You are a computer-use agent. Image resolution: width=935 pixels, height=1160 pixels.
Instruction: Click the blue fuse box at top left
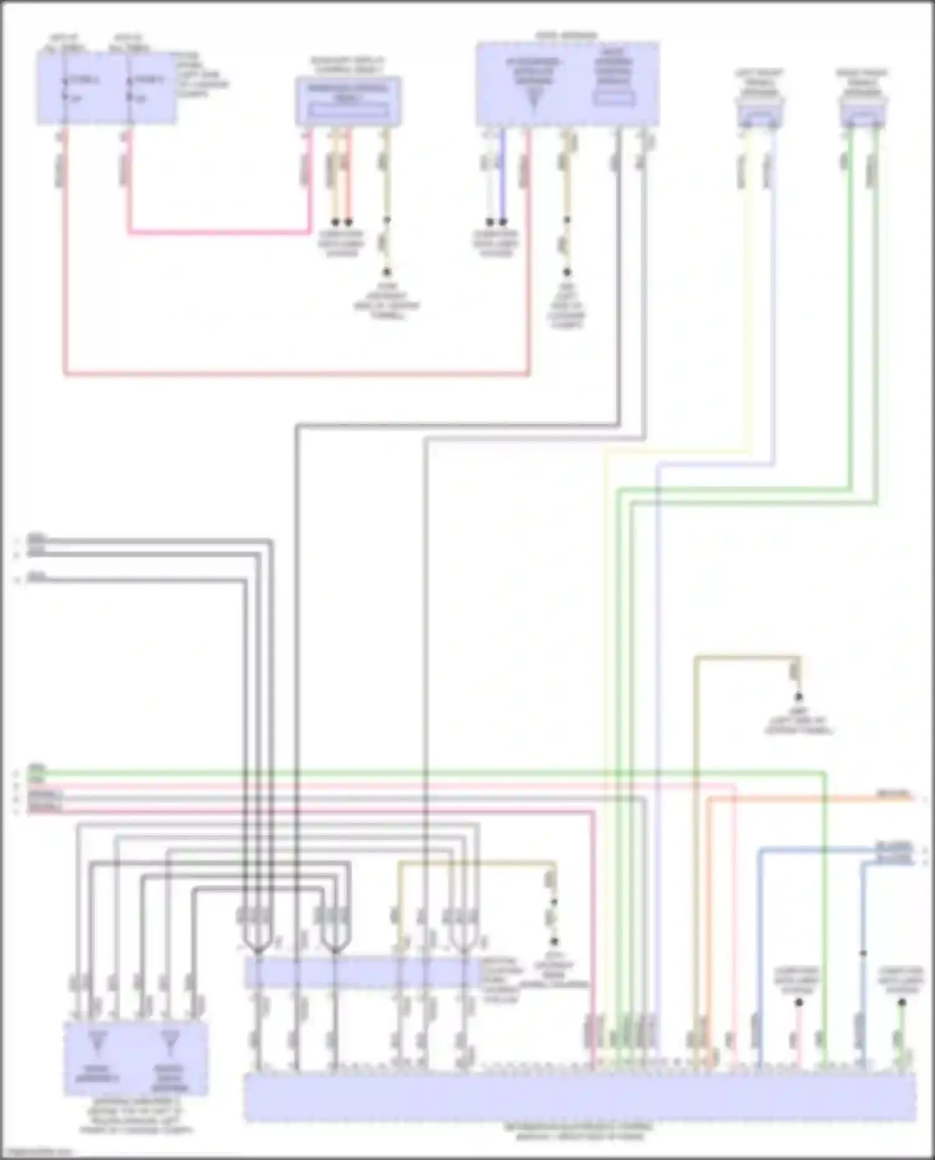pyautogui.click(x=106, y=87)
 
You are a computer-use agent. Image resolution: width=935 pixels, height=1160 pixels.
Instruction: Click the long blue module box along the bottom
pyautogui.click(x=580, y=1097)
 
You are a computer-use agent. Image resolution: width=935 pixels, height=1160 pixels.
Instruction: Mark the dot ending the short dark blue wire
pyautogui.click(x=504, y=222)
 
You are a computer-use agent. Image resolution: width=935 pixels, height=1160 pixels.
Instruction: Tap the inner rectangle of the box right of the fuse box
pyautogui.click(x=348, y=110)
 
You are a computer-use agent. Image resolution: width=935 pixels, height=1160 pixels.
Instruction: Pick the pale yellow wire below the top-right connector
pyautogui.click(x=749, y=280)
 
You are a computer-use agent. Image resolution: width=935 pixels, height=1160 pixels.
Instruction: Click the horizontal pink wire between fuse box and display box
pyautogui.click(x=218, y=233)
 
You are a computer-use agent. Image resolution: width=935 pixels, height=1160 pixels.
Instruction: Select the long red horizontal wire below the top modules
pyautogui.click(x=297, y=375)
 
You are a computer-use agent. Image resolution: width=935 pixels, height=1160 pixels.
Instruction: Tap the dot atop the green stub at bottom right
pyautogui.click(x=901, y=1003)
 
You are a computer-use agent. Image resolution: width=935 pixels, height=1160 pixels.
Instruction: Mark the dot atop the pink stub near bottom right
pyautogui.click(x=799, y=1003)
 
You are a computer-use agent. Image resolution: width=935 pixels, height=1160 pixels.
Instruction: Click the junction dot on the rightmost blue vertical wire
pyautogui.click(x=863, y=953)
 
